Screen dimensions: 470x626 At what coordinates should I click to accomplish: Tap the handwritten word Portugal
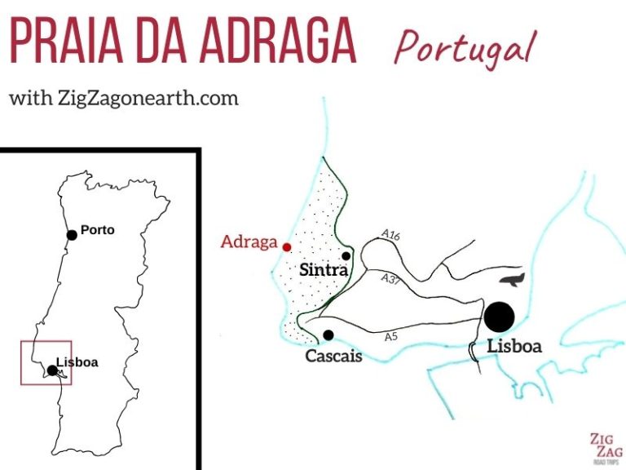coord(465,47)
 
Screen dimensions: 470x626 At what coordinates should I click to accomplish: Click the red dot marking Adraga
coord(286,246)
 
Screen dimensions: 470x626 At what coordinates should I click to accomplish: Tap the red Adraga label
coord(249,242)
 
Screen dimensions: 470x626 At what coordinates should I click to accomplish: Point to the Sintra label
coord(324,270)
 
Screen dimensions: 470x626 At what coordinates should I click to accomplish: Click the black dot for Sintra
coord(346,255)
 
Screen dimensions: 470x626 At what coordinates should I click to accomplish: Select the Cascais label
coord(333,357)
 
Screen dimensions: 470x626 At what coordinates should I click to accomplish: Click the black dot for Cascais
coord(328,335)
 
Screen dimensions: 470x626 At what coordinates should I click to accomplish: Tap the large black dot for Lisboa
coord(499,317)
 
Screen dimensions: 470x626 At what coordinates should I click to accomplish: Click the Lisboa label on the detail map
coord(514,346)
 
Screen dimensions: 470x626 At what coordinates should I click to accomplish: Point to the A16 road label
coord(391,235)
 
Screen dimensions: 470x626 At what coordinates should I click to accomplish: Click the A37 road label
coord(390,278)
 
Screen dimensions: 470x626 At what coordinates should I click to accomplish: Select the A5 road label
coord(393,336)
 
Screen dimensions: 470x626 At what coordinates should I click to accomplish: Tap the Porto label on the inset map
coord(98,230)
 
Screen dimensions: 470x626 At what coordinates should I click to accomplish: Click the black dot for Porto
coord(72,235)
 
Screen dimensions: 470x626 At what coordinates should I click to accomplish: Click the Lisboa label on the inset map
coord(77,361)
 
